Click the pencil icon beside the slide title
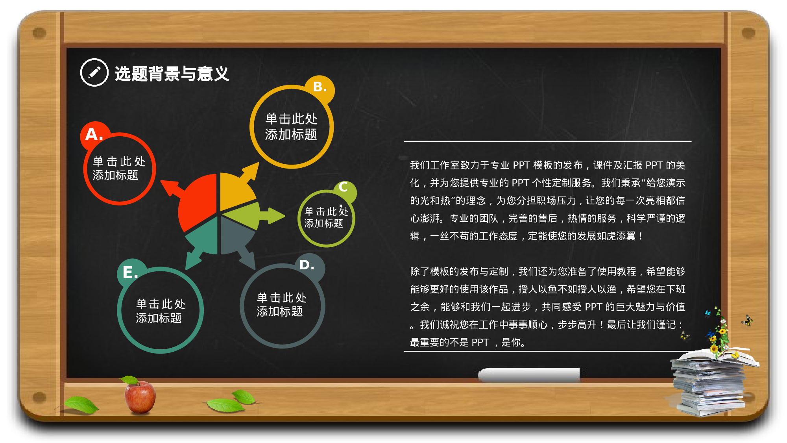click(x=94, y=72)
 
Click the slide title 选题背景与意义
click(x=172, y=74)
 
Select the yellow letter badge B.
click(x=320, y=87)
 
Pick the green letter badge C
click(x=344, y=187)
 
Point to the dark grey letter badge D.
click(x=307, y=265)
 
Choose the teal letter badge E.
click(x=130, y=272)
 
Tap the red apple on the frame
click(x=140, y=396)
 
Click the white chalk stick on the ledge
click(x=528, y=374)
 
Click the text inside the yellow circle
click(x=291, y=126)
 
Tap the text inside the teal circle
click(x=160, y=311)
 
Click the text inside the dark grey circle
click(x=281, y=304)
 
